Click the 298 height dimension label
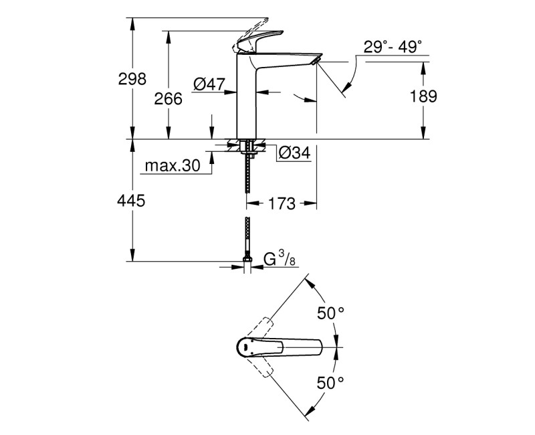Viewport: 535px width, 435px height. (132, 79)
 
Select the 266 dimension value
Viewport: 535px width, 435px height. (168, 98)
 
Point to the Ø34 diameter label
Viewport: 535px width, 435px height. (293, 153)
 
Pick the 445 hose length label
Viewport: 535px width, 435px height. (132, 200)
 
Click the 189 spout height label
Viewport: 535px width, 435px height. (423, 96)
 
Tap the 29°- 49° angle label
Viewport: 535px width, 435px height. (393, 47)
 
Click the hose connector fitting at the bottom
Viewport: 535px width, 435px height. (247, 262)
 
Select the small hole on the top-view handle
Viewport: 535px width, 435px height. (246, 347)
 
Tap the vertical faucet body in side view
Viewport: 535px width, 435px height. (247, 100)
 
